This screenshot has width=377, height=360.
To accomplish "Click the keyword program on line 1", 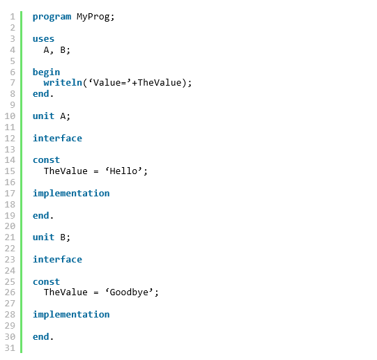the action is coord(52,17).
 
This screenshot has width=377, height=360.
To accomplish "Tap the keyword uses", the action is coord(43,39).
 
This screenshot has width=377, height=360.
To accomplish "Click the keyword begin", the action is coord(46,72).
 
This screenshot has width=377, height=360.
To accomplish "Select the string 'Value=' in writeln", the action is coord(110,83).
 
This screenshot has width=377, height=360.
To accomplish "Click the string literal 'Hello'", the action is coord(123,171).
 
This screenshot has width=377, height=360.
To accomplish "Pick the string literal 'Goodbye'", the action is coord(129,292).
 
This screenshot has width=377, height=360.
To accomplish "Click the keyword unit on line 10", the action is coord(43,116).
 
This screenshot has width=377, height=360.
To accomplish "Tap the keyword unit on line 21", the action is coord(43,237).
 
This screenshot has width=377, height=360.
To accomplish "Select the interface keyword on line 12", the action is coord(57,138).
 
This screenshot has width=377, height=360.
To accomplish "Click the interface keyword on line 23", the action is coord(57,259).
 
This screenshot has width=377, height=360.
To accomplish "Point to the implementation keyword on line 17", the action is coord(71,194).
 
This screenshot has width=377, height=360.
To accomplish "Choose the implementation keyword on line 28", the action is coord(71,315).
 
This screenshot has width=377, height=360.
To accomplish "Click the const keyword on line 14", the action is coord(46,160).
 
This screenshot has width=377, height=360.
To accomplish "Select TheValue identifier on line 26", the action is coord(66,292).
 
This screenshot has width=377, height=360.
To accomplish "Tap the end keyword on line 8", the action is coord(41,94).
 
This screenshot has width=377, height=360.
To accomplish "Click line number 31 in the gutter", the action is coord(10,348).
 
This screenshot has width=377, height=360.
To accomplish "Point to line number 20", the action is coord(10,226).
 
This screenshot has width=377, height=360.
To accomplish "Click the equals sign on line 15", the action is coord(96,171).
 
